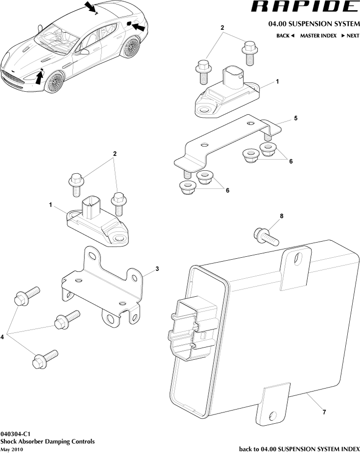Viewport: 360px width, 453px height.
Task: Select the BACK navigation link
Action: (285, 36)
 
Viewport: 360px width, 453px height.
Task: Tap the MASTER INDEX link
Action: (318, 36)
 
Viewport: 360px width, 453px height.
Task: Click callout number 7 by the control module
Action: (324, 412)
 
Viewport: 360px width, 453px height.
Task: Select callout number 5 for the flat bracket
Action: (296, 119)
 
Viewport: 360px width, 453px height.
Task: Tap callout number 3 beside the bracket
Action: (157, 268)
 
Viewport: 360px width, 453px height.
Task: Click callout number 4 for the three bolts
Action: (3, 336)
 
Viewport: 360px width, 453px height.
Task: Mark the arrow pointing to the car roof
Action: (90, 7)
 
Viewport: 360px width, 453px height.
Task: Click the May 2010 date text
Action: (12, 449)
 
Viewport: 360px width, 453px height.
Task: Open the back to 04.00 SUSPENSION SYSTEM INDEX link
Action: (299, 449)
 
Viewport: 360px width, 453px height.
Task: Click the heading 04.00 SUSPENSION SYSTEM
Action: (314, 24)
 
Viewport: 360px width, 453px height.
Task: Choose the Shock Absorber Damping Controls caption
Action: (47, 441)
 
